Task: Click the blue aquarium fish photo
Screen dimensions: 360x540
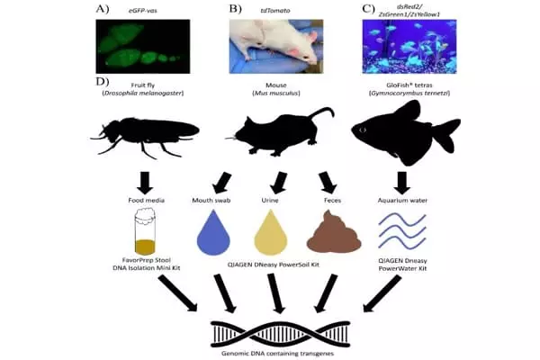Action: point(409,46)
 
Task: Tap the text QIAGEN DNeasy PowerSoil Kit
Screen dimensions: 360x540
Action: point(270,266)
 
